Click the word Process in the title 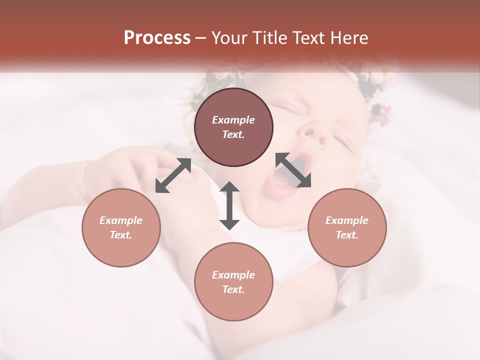157,38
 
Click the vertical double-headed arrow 229,205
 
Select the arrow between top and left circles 173,175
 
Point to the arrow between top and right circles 293,170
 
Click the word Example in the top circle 233,120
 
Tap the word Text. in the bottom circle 233,289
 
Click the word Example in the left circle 121,220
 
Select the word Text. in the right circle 347,235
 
